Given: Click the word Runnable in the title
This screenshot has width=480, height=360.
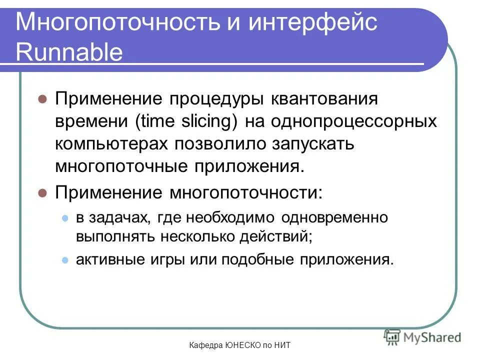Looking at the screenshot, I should click(x=69, y=52).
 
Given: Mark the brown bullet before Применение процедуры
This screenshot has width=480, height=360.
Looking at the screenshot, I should click(x=42, y=98).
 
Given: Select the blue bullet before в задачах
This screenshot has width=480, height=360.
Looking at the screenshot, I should click(x=64, y=218).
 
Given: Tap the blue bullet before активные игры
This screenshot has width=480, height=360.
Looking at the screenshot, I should click(x=64, y=260).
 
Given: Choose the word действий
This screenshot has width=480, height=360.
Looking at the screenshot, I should click(x=279, y=236).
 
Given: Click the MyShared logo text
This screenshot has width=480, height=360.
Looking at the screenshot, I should click(x=432, y=337).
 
